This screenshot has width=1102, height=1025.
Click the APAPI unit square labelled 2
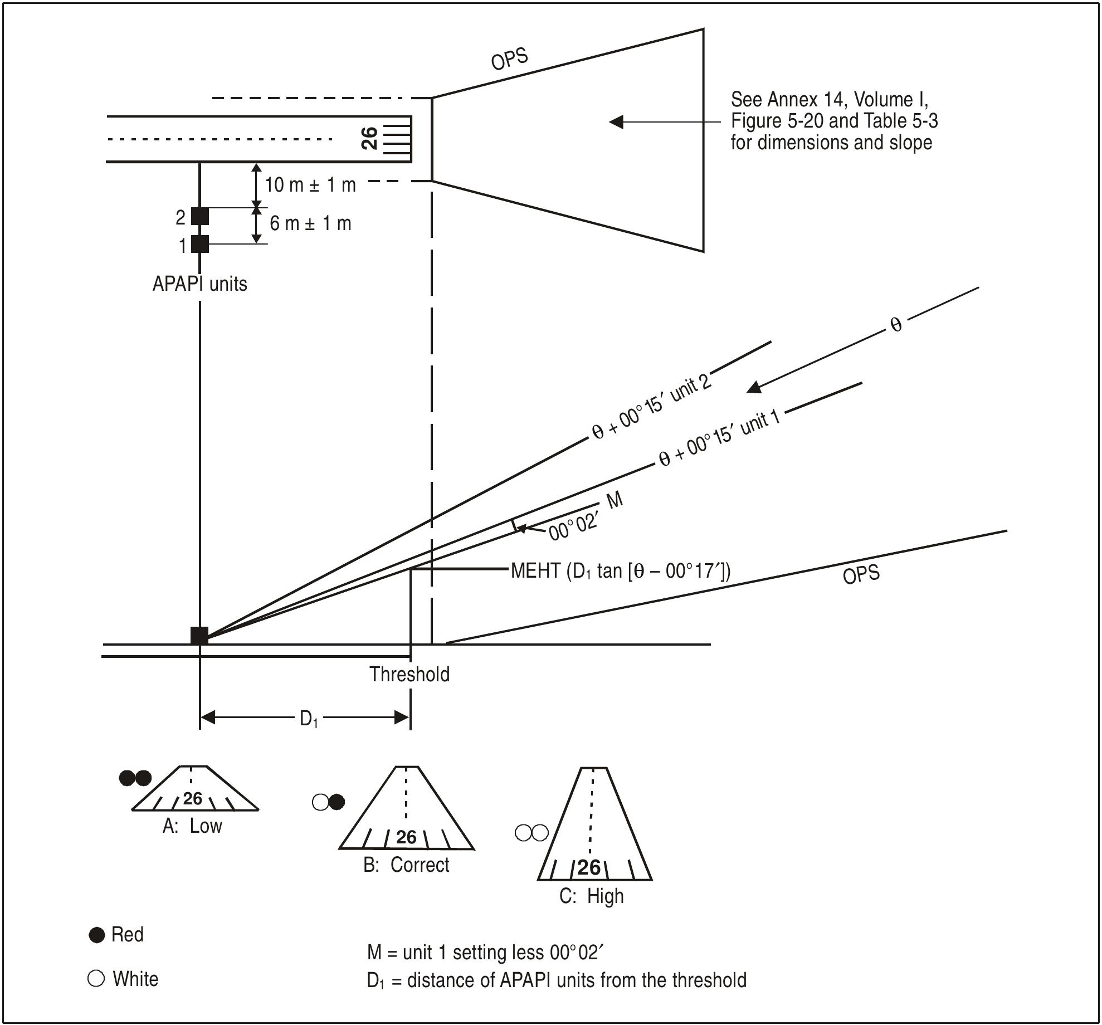click(x=200, y=216)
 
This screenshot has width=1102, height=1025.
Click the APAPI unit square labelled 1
click(x=200, y=244)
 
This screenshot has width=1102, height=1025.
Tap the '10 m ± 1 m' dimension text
click(x=310, y=184)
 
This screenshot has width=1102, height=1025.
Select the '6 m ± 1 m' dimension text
click(x=310, y=223)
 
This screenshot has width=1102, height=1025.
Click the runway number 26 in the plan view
click(x=369, y=138)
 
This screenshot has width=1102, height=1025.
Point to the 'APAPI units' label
click(x=199, y=284)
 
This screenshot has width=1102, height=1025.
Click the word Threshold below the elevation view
click(x=409, y=675)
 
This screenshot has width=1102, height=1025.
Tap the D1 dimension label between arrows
click(x=309, y=719)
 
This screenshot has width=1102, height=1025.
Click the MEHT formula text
click(x=620, y=572)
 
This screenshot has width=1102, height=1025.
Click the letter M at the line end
click(x=614, y=501)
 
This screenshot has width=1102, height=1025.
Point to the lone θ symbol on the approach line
click(x=896, y=325)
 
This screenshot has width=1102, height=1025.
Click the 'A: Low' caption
click(x=192, y=826)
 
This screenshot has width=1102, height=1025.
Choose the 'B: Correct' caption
click(x=406, y=865)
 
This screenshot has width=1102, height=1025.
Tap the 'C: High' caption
click(x=591, y=896)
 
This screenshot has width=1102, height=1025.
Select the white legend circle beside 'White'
click(x=96, y=979)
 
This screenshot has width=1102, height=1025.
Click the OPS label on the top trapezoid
click(x=509, y=59)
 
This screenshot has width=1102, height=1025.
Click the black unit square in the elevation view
click(x=199, y=636)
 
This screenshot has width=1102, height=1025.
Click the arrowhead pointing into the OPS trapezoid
click(x=616, y=121)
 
